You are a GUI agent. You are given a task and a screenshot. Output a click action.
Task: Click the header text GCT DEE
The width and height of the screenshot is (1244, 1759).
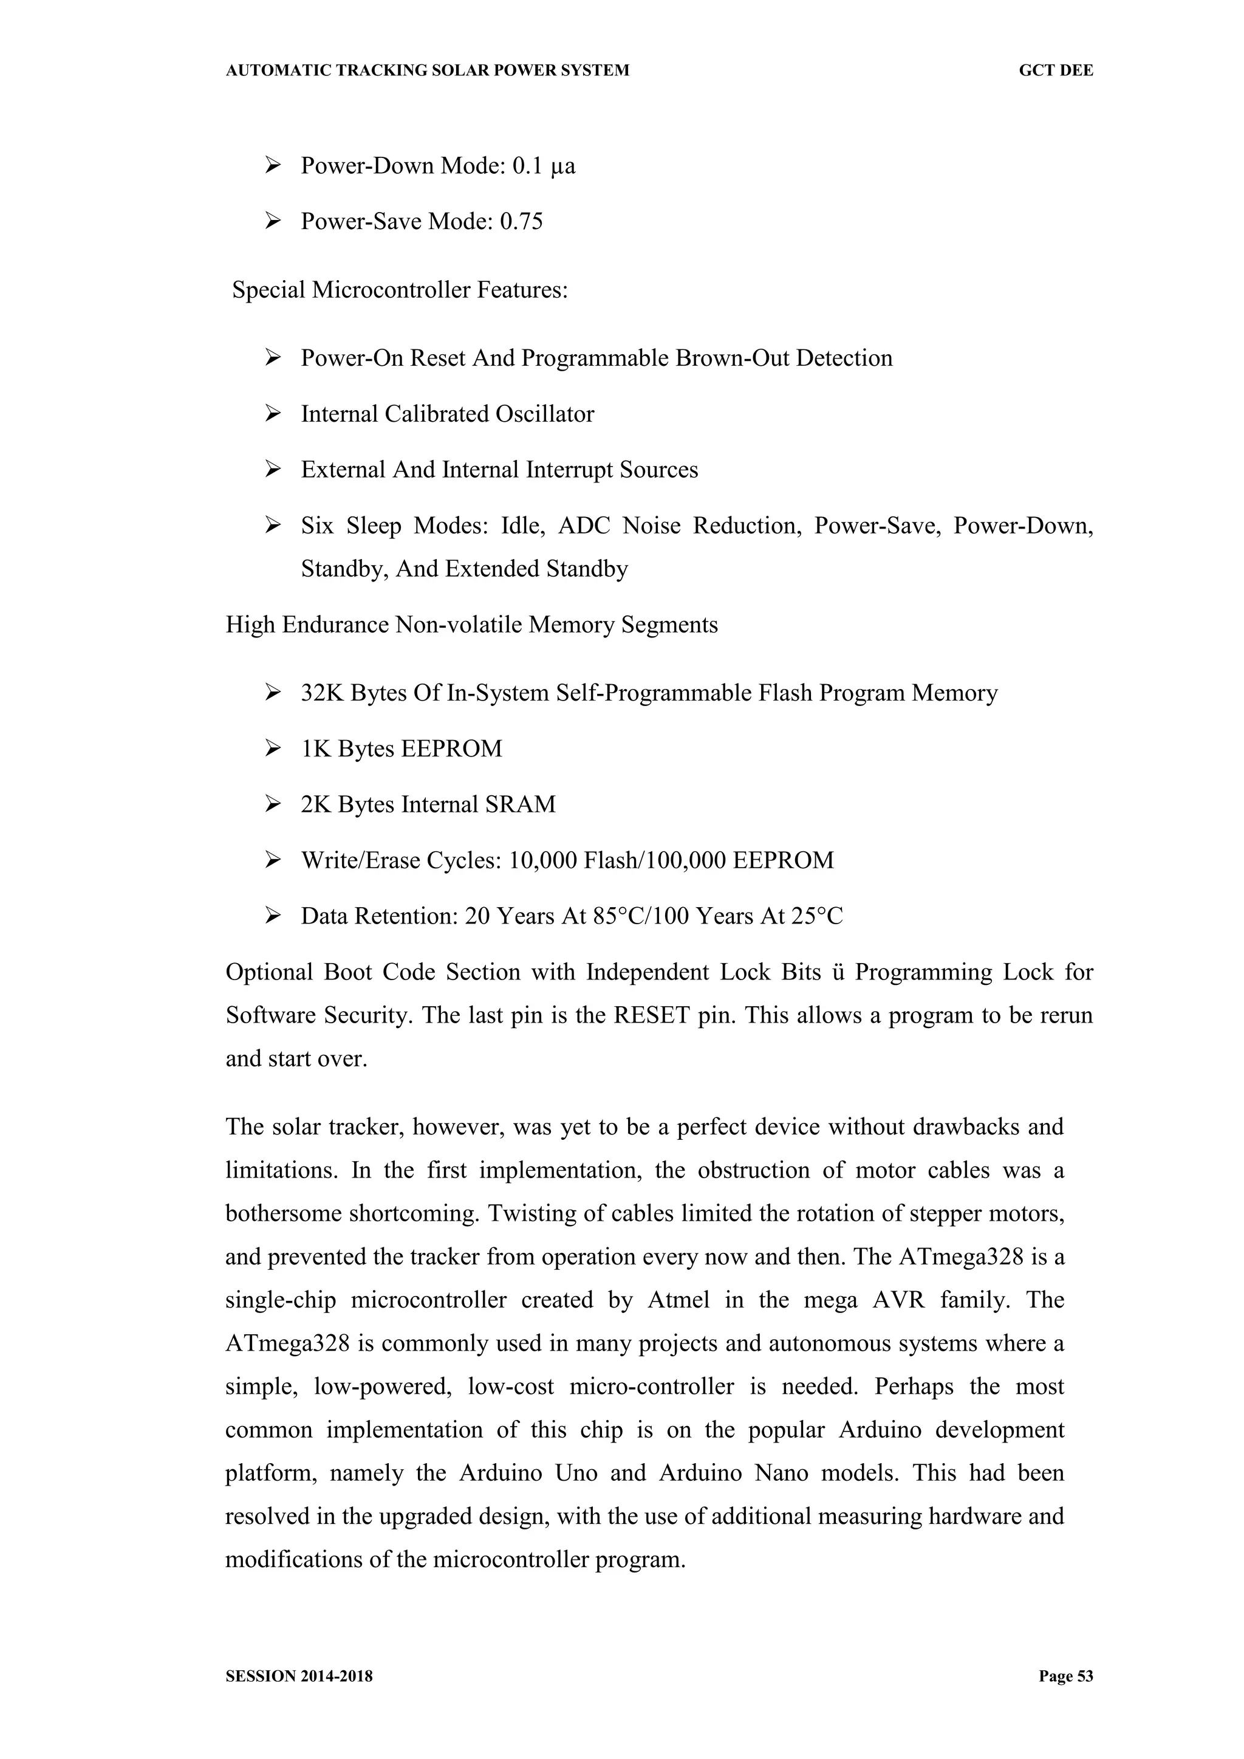1055,70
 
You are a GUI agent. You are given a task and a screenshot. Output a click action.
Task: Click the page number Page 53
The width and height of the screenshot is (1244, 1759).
1065,1676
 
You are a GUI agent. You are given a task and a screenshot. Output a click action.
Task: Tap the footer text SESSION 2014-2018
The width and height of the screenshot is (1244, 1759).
299,1676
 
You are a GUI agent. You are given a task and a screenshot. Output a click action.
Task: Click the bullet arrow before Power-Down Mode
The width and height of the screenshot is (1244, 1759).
273,165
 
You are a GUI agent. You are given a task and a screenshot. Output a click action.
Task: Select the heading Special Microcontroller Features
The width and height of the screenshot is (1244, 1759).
400,290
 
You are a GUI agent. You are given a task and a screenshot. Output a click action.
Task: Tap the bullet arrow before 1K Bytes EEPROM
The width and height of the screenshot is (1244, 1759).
273,749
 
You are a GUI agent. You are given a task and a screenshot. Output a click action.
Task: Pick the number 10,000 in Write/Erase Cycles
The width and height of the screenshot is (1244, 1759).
542,861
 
